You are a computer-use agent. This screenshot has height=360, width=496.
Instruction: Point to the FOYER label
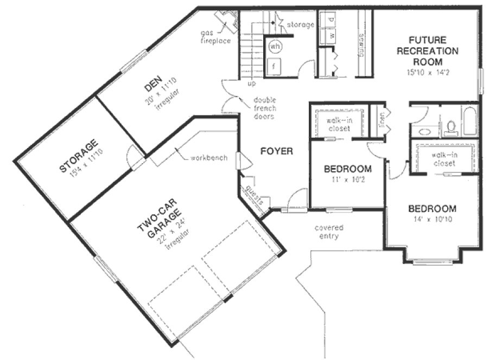(276, 151)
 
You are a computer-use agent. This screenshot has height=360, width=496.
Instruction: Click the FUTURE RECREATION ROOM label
(428, 51)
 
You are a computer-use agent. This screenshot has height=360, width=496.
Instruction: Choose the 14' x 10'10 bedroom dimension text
(432, 220)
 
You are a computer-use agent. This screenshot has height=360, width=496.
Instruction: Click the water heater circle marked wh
(275, 47)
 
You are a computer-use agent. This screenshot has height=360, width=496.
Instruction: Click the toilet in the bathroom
(450, 127)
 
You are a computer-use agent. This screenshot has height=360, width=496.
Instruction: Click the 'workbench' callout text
(208, 158)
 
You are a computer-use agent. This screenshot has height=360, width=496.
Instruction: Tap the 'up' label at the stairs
(252, 85)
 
